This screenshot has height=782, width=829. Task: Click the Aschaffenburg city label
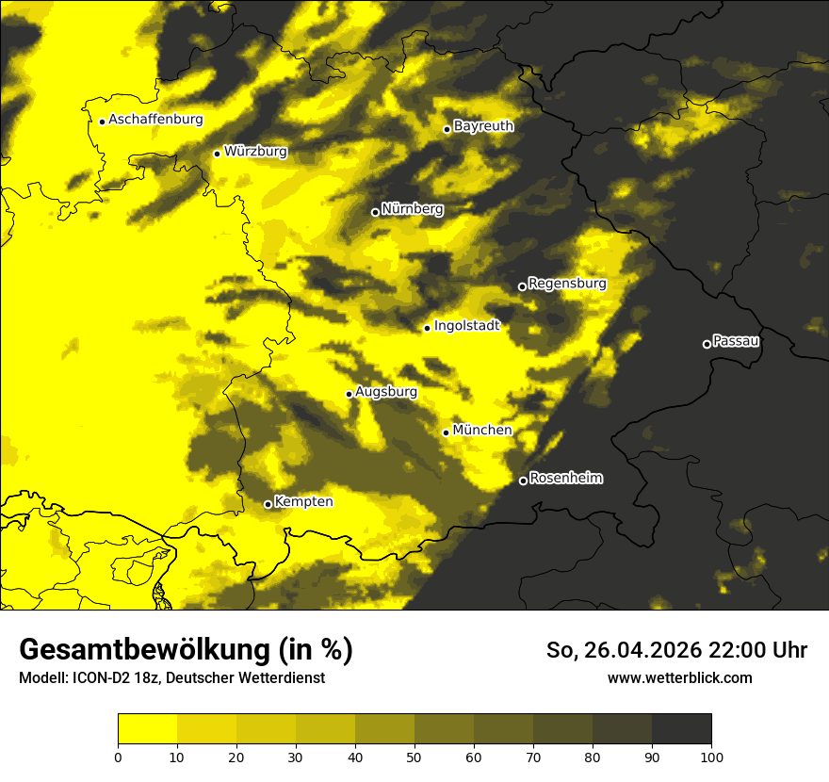click(155, 120)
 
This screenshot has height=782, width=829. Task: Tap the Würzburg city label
click(255, 152)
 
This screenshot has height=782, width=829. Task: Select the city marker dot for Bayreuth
click(447, 129)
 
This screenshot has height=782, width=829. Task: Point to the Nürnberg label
click(412, 209)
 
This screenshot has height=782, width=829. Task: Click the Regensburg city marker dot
click(522, 286)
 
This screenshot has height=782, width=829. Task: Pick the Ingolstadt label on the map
click(466, 326)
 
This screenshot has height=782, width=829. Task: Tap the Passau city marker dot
click(707, 344)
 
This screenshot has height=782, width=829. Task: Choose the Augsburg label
click(386, 392)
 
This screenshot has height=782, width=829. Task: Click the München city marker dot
click(446, 432)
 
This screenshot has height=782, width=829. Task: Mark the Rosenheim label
click(565, 479)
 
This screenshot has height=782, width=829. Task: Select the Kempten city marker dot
click(268, 504)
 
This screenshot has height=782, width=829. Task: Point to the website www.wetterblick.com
click(679, 678)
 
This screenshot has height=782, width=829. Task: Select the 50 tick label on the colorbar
click(414, 756)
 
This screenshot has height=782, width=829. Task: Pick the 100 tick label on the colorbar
click(711, 756)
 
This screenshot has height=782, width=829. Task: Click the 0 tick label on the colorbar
click(118, 756)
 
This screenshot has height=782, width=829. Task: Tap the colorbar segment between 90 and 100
click(681, 729)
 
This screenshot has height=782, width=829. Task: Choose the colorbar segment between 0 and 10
click(147, 729)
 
